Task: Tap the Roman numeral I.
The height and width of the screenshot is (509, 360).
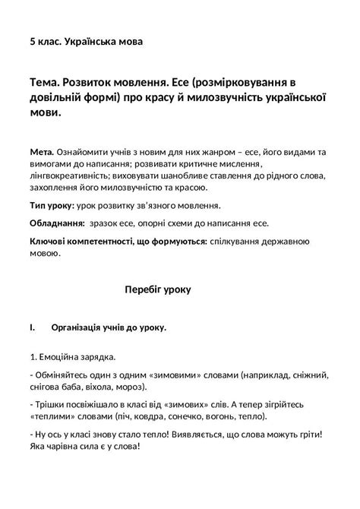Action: click(32, 327)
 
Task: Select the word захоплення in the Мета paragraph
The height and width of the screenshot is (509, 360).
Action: click(56, 186)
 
